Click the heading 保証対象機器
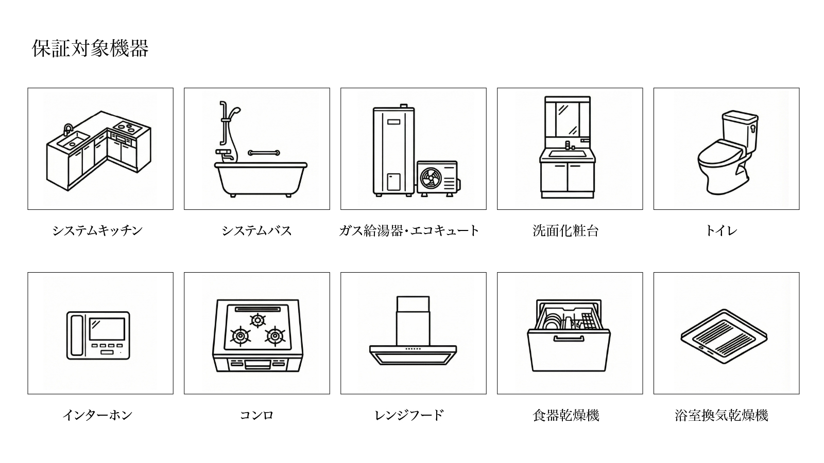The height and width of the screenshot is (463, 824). tap(90, 48)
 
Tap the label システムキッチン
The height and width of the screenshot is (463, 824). tap(97, 231)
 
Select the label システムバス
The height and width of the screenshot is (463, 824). tap(257, 231)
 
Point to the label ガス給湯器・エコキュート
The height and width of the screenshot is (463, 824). tap(409, 231)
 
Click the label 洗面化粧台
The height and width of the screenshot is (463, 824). tap(566, 231)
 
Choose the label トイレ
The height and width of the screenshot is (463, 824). tap(722, 231)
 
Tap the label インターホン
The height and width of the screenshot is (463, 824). tap(97, 415)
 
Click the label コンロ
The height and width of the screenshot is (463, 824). tap(257, 415)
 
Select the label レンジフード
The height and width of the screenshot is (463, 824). tap(409, 415)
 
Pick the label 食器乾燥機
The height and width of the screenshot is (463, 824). tap(566, 415)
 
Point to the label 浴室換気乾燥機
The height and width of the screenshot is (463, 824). tap(722, 415)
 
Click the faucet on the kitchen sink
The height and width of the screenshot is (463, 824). tap(68, 130)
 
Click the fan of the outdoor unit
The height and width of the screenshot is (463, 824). tap(431, 178)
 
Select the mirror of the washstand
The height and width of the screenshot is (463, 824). tap(568, 118)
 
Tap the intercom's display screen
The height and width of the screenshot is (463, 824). tap(108, 329)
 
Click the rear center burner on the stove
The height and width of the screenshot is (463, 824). tap(257, 320)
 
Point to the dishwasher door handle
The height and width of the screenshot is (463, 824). tap(569, 339)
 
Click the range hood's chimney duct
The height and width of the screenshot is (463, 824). tap(413, 321)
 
